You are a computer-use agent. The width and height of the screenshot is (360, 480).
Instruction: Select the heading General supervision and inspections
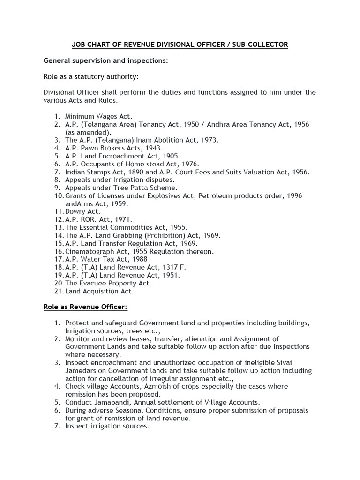(105, 61)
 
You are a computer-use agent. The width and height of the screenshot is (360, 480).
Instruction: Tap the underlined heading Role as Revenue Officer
(85, 307)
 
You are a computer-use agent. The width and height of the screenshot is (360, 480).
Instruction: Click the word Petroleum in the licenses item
(217, 195)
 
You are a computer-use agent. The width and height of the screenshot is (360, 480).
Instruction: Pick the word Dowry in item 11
(75, 211)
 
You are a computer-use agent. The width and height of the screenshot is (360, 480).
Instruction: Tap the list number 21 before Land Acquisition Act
(59, 291)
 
